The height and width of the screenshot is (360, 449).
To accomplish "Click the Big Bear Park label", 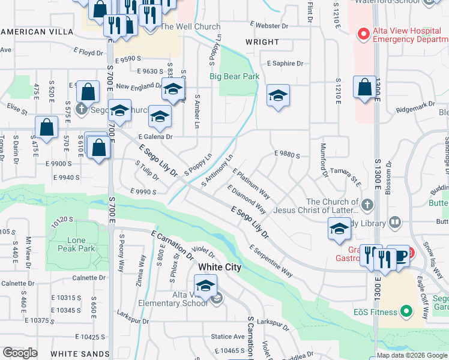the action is tap(234, 77).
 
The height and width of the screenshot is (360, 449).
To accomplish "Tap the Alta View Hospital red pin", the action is tap(363, 34).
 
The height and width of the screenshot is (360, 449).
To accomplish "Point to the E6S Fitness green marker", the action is tap(406, 311).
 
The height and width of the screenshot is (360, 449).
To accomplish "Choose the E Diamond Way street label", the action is tap(247, 199).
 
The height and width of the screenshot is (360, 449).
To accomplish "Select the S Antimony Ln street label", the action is tap(217, 170).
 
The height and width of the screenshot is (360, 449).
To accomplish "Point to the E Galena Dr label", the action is tap(155, 137).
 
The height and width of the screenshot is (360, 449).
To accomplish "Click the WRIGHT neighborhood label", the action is tap(262, 42).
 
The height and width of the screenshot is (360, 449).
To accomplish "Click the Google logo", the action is tap(20, 353).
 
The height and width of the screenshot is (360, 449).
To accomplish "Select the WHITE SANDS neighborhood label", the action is tap(74, 355).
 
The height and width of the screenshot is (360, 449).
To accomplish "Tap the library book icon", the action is tap(394, 222).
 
